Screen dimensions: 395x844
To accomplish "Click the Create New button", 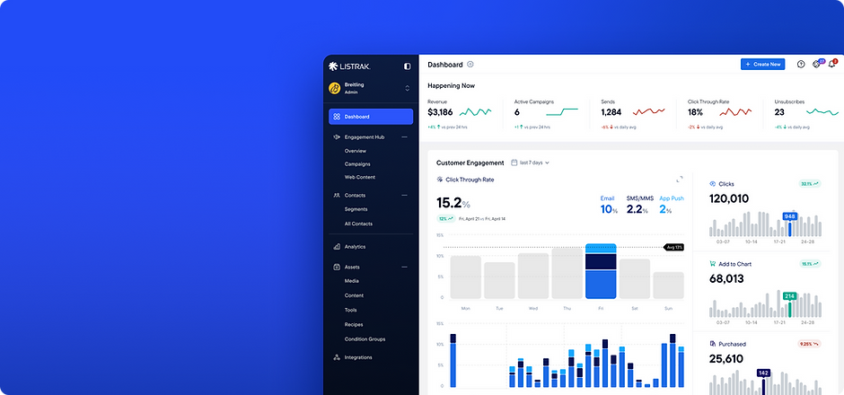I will click(x=762, y=65).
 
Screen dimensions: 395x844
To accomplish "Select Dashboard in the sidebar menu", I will click(x=371, y=117).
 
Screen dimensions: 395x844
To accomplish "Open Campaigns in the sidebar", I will click(x=357, y=164).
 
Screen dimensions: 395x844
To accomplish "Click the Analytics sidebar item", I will click(x=355, y=247).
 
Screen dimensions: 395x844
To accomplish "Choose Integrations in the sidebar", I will click(x=357, y=357).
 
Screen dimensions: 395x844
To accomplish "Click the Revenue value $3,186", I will click(x=440, y=112).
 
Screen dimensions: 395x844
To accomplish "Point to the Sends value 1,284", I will click(x=611, y=112).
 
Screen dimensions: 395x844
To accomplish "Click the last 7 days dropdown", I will click(x=530, y=162).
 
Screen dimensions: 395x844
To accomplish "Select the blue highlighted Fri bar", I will click(x=601, y=271).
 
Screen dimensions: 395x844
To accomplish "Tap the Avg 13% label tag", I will click(x=674, y=247).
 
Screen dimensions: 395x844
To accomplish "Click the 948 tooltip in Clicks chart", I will click(x=789, y=216).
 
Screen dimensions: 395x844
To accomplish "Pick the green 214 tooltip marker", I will click(x=789, y=295).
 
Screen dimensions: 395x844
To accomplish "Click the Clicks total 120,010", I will click(x=728, y=198).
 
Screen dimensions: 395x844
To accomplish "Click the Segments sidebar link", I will click(x=356, y=209).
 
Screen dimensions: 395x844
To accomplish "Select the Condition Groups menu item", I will click(x=365, y=338).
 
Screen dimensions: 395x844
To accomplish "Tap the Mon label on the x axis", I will click(x=465, y=308).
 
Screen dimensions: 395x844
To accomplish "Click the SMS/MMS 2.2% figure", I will click(x=637, y=209).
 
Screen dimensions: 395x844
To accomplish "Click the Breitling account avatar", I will click(x=334, y=88).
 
